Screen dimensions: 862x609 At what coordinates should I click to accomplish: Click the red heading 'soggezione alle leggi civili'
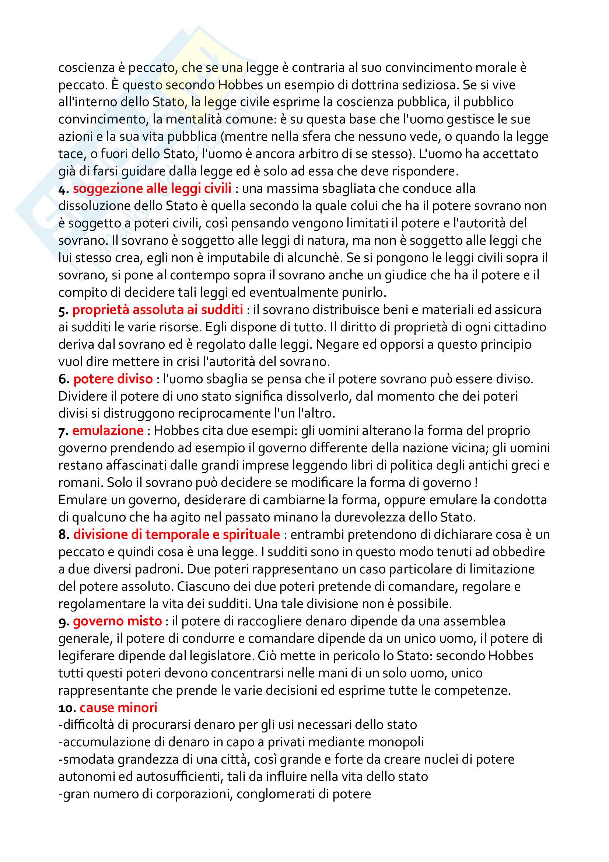click(152, 188)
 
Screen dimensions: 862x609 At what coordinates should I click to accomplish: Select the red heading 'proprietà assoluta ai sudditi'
click(158, 310)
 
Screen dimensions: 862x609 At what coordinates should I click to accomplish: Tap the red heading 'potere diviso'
click(113, 379)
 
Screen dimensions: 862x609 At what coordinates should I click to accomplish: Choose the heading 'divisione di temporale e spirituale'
click(176, 534)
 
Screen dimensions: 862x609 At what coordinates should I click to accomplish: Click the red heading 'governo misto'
click(117, 621)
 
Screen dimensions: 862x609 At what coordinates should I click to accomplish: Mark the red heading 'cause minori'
click(118, 707)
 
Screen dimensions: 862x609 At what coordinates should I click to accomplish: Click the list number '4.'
click(63, 189)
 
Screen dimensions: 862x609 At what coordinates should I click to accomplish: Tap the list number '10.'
click(67, 708)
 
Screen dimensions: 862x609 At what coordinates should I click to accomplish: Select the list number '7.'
click(63, 432)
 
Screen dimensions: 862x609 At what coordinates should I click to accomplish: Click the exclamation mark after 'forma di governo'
click(476, 483)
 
